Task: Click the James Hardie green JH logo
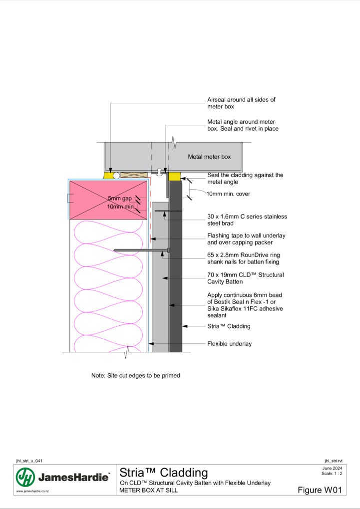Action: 25,477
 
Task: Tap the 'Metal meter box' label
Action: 209,157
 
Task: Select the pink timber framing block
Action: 108,200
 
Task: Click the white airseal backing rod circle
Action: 116,176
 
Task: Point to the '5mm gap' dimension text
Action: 120,198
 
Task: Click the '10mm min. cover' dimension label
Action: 228,194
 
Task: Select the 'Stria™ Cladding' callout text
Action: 229,326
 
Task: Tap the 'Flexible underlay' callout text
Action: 229,344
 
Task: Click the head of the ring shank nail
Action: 168,251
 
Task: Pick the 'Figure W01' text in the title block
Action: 320,490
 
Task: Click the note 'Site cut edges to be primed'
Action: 135,376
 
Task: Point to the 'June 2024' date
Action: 333,469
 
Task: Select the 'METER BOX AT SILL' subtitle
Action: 148,491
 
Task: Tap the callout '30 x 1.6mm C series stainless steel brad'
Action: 247,220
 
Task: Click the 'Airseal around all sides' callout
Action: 241,103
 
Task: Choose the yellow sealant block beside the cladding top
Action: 174,177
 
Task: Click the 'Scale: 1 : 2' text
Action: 332,474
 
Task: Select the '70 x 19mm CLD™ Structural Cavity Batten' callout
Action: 245,278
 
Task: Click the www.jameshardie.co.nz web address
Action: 32,491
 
